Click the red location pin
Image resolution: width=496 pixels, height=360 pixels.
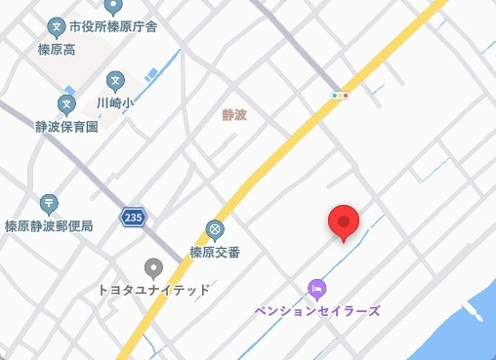[x=343, y=222]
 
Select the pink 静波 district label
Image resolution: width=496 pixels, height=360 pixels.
[x=234, y=114]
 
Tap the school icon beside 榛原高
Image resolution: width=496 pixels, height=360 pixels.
[x=57, y=25]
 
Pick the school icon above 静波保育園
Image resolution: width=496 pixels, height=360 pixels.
[x=66, y=103]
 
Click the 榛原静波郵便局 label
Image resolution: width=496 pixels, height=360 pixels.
[x=49, y=225]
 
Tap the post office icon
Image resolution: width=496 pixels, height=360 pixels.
[x=49, y=204]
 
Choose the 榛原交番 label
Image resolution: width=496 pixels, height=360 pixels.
[x=215, y=251]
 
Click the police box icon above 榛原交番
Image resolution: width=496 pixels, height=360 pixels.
[x=215, y=230]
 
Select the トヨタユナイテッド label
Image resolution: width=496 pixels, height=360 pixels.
[x=152, y=290]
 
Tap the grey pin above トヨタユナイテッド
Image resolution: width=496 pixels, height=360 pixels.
[x=152, y=267]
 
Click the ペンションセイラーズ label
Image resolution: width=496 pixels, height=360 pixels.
[x=317, y=310]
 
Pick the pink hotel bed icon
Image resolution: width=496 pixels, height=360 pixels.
[x=316, y=289]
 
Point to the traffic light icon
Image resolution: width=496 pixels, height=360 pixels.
[x=340, y=96]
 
